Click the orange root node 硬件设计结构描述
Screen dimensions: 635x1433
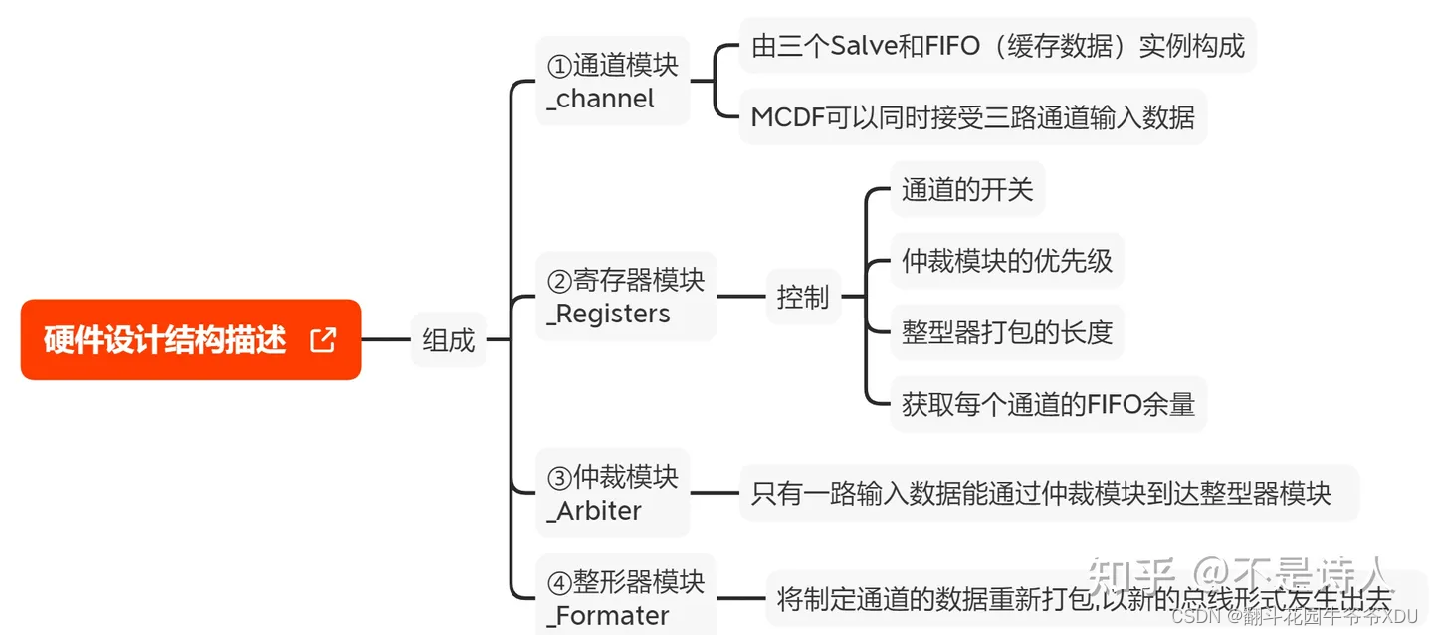point(165,340)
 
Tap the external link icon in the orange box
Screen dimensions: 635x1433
point(323,340)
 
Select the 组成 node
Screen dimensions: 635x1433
point(449,340)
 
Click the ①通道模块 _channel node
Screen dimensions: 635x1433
point(612,82)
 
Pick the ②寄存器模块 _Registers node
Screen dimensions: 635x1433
point(625,297)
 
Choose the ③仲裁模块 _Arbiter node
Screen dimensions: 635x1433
point(612,494)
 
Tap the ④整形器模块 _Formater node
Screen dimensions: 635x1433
point(625,598)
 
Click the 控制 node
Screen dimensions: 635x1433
point(802,297)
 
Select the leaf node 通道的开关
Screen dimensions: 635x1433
point(967,189)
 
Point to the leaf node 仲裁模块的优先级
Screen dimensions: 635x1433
point(1006,261)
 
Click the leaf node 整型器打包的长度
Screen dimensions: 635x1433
point(1006,332)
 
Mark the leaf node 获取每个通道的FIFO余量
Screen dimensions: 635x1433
point(1048,404)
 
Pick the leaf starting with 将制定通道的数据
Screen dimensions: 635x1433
point(1083,599)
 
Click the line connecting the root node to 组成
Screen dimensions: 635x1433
point(386,340)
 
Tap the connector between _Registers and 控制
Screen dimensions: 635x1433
point(740,297)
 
